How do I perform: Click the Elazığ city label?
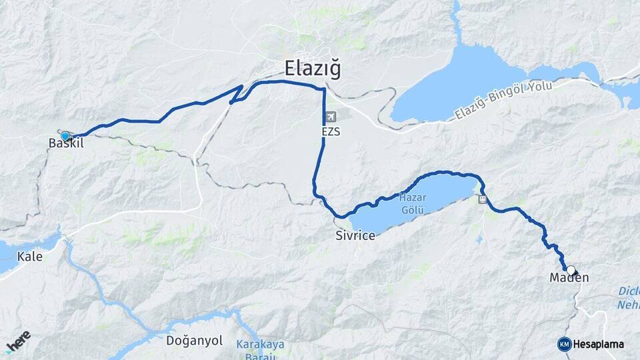(313, 68)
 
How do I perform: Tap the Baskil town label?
(66, 144)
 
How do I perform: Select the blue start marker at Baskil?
(65, 136)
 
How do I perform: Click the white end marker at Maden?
(571, 270)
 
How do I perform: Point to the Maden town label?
(570, 277)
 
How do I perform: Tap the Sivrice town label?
(355, 236)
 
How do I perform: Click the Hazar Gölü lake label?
(413, 203)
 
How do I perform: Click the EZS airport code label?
(331, 131)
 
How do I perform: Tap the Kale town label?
(30, 256)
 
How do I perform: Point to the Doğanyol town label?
(194, 341)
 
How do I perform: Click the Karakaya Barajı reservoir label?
(260, 349)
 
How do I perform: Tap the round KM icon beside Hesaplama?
(564, 344)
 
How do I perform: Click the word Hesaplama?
(598, 344)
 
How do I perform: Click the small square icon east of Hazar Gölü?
(482, 199)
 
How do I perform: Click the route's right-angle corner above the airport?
(324, 89)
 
